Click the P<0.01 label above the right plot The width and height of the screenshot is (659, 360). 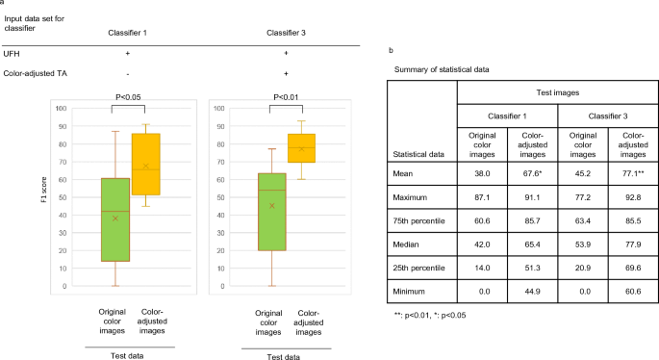pyautogui.click(x=286, y=96)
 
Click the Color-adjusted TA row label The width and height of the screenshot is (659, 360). pyautogui.click(x=38, y=73)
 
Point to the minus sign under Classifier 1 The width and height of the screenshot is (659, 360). pyautogui.click(x=127, y=73)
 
